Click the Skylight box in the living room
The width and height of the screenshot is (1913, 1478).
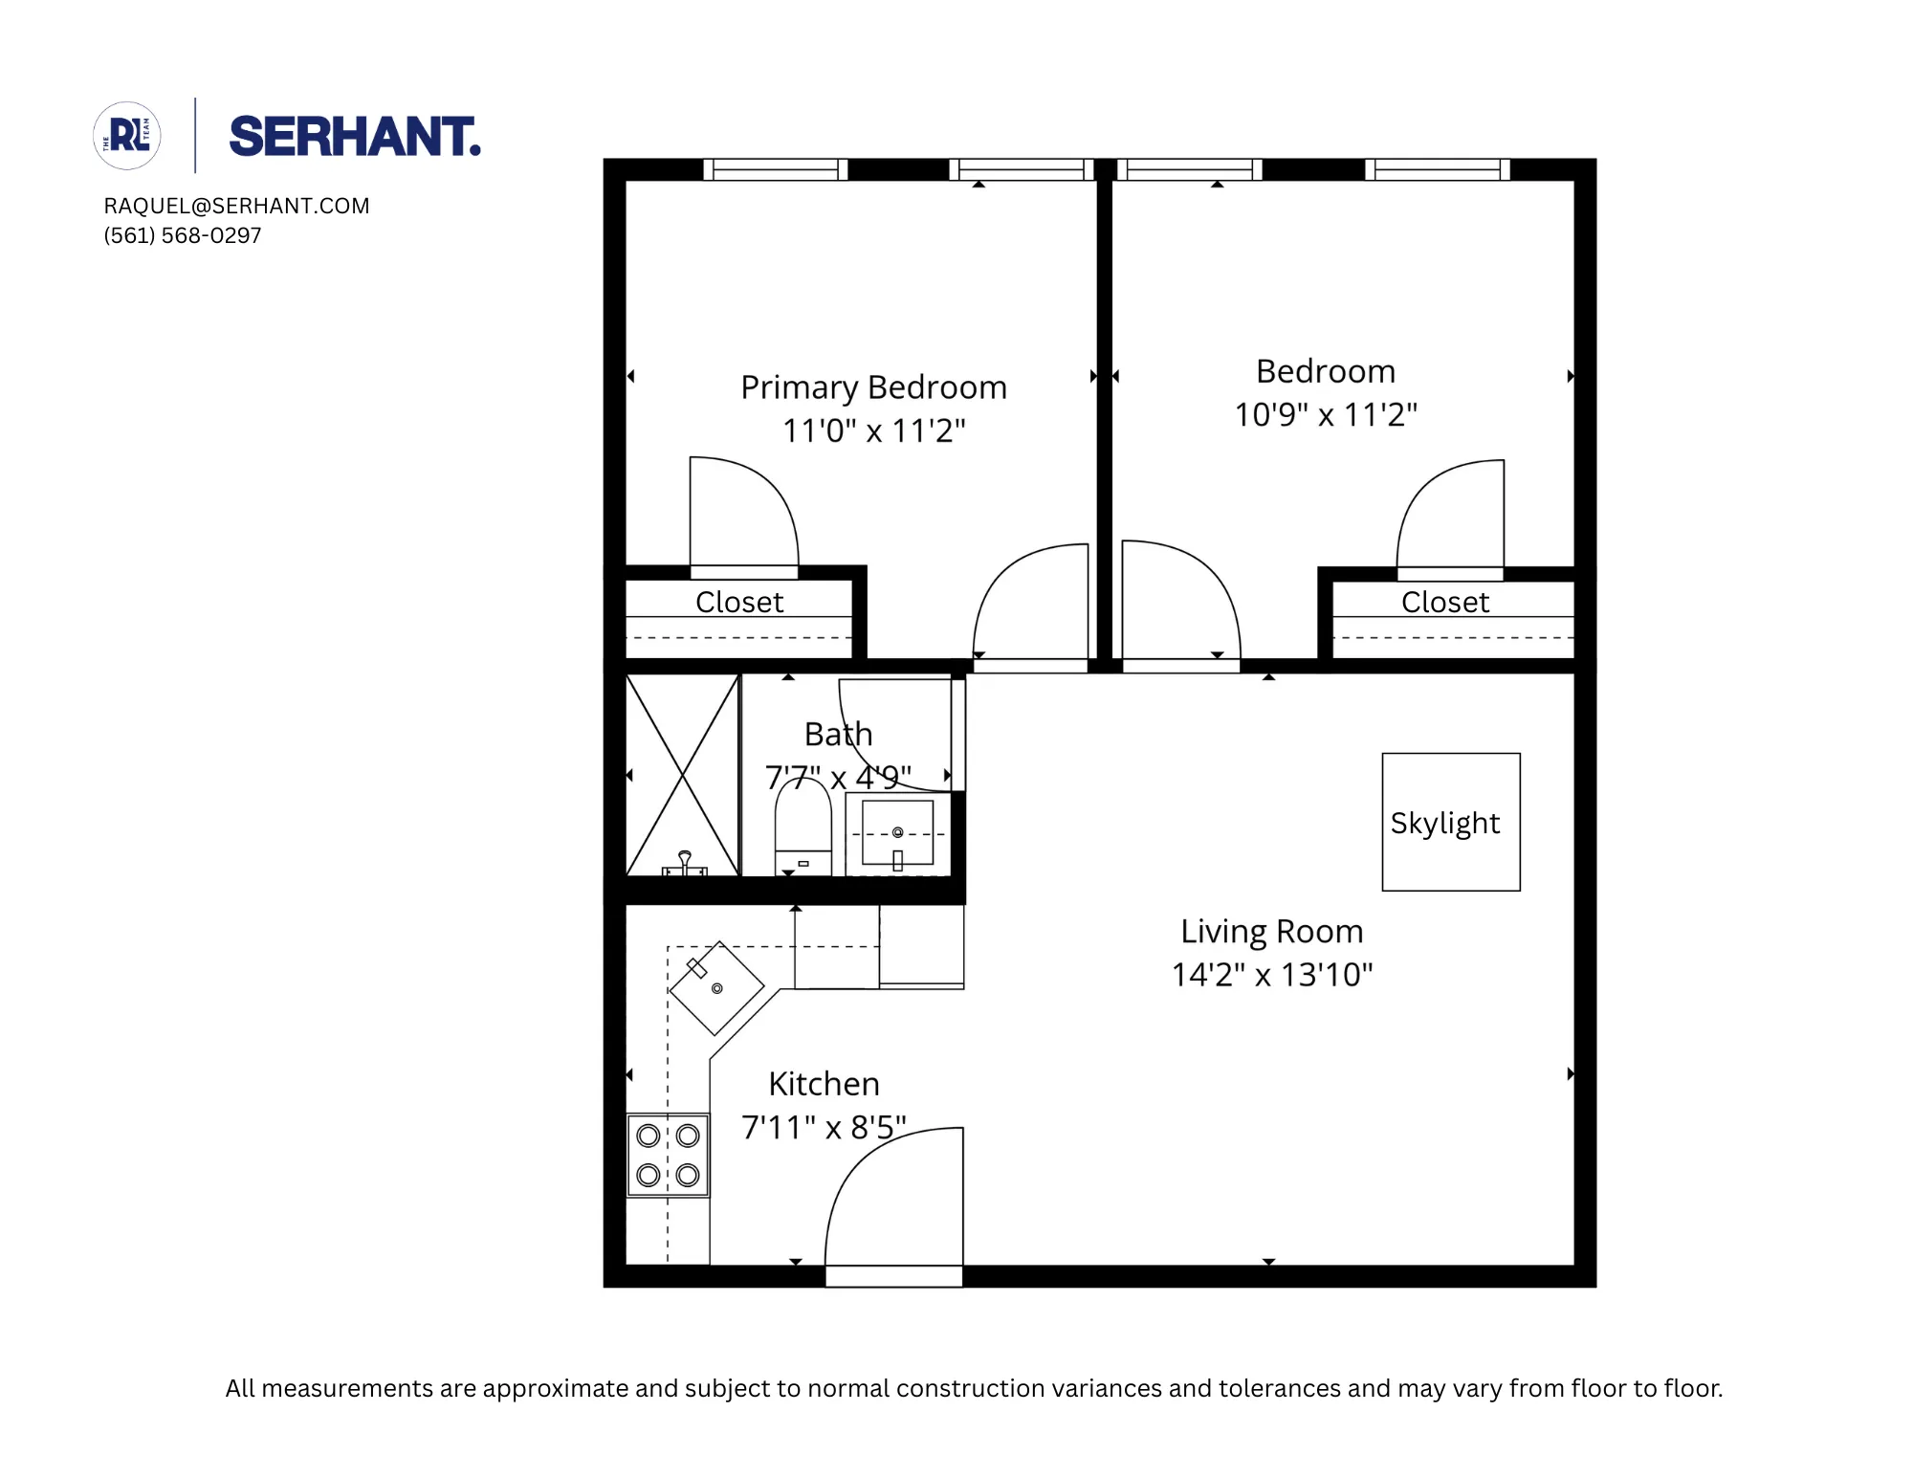pos(1450,822)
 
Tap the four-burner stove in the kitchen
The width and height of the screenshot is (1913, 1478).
pos(668,1155)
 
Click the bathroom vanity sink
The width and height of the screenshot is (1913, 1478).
pos(897,833)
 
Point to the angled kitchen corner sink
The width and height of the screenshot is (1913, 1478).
pos(716,988)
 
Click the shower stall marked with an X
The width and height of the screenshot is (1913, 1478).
pos(682,775)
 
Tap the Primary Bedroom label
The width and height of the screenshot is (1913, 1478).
pos(873,387)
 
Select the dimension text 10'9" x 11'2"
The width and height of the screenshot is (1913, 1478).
pos(1325,415)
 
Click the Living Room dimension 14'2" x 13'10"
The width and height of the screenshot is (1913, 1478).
pos(1271,975)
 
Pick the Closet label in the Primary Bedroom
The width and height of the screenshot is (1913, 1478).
pos(738,602)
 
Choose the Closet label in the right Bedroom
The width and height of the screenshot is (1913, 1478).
pos(1444,602)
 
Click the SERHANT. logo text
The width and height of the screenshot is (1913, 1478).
pos(354,137)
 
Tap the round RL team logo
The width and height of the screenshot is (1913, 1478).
pos(127,136)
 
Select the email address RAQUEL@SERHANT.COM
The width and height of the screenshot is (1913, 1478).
pos(236,206)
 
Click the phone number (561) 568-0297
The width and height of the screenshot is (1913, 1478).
pos(183,235)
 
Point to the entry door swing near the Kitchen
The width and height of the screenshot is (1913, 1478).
pos(894,1201)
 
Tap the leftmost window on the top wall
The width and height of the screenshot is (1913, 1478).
pos(775,170)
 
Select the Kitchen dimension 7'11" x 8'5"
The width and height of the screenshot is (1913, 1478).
pos(824,1128)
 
